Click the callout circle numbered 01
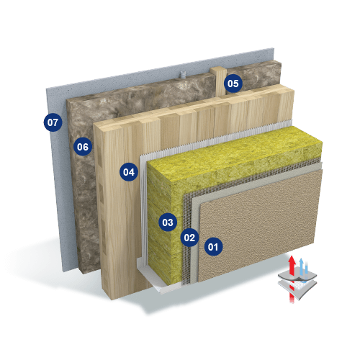point(213,247)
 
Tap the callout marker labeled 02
point(189,238)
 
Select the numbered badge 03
point(168,222)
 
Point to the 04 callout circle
point(129,172)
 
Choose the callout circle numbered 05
point(233,84)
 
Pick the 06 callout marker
point(83,147)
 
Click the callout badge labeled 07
point(53,122)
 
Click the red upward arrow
point(292,279)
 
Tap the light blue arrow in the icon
point(302,266)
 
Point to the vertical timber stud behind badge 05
point(218,81)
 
